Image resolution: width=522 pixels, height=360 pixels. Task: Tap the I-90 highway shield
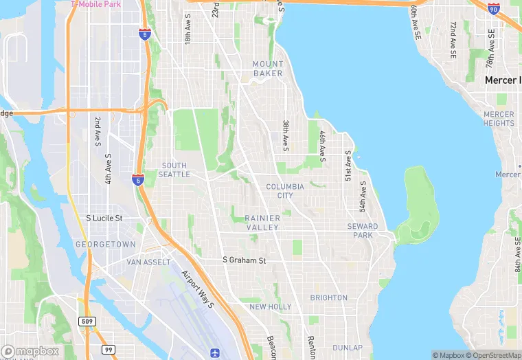pyautogui.click(x=493, y=8)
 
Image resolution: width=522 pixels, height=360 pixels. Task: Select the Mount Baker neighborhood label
pyautogui.click(x=267, y=69)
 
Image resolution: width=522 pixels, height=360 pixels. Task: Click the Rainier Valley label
pyautogui.click(x=262, y=223)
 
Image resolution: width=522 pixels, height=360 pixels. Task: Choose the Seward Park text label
pyautogui.click(x=362, y=231)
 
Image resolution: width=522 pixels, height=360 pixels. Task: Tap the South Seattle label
pyautogui.click(x=174, y=170)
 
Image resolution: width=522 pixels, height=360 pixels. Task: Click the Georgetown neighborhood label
pyautogui.click(x=106, y=244)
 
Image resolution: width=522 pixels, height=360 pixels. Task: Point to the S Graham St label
pyautogui.click(x=244, y=260)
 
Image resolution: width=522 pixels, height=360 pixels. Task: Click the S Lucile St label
pyautogui.click(x=104, y=218)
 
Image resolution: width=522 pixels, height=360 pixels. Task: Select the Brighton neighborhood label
pyautogui.click(x=328, y=297)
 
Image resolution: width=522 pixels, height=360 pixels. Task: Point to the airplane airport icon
pyautogui.click(x=217, y=352)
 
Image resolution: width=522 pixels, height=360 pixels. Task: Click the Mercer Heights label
pyautogui.click(x=499, y=119)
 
